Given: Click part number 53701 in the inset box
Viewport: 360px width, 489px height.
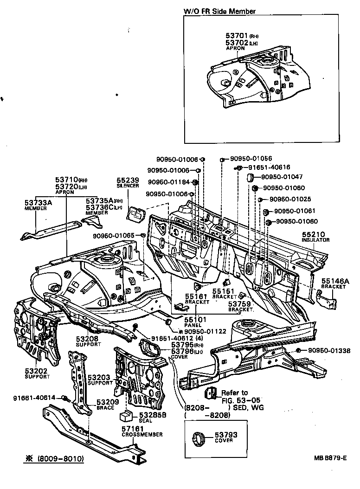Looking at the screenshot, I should pyautogui.click(x=237, y=35).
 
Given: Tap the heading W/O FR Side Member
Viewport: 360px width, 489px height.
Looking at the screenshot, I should pyautogui.click(x=219, y=11).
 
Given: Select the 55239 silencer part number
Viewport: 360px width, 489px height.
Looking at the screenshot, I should pyautogui.click(x=128, y=180).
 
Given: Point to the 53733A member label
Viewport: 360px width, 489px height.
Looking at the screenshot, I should pyautogui.click(x=38, y=203).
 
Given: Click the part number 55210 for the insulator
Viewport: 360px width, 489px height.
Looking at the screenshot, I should pyautogui.click(x=315, y=235).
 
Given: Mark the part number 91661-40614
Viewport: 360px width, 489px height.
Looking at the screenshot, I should pyautogui.click(x=34, y=397).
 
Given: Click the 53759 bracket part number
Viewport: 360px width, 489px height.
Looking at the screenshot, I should pyautogui.click(x=239, y=304).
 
